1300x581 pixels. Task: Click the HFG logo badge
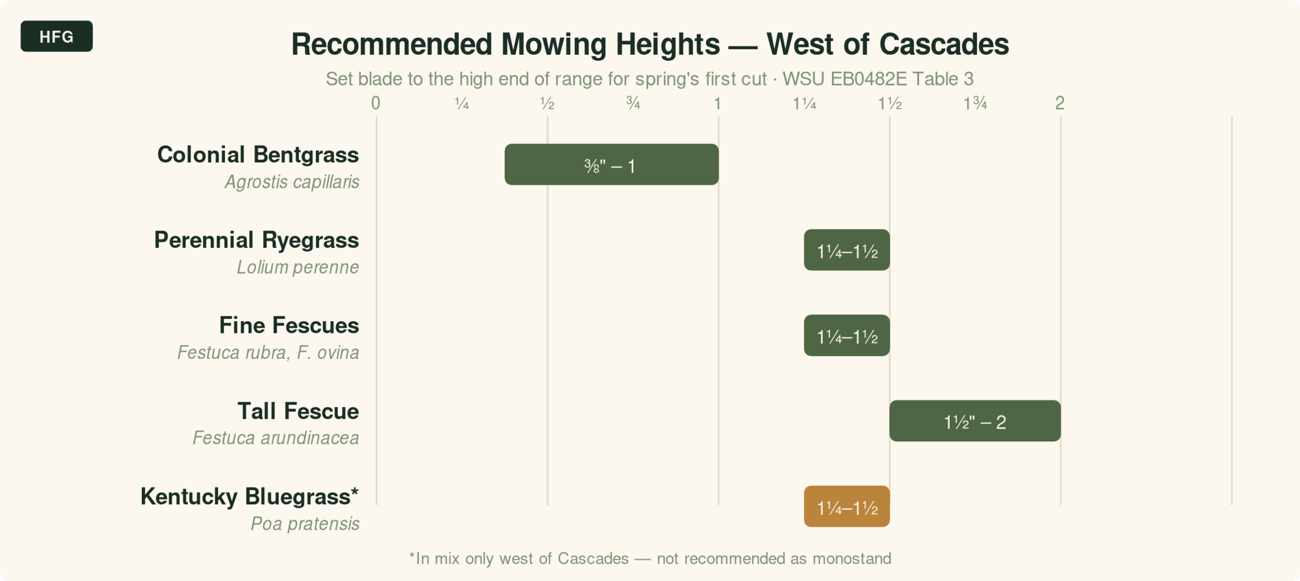(56, 36)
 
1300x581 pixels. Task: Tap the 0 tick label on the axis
(375, 103)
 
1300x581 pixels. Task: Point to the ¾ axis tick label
(633, 103)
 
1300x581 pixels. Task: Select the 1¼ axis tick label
(804, 103)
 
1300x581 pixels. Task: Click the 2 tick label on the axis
(1060, 103)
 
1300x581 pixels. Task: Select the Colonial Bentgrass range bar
(611, 165)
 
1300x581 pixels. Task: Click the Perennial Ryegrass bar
(847, 250)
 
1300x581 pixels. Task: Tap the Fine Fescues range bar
(847, 336)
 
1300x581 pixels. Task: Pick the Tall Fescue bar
(974, 421)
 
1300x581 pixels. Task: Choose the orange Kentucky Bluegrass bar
(847, 507)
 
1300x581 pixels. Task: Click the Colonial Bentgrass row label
(258, 155)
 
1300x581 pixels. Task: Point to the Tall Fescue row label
(298, 412)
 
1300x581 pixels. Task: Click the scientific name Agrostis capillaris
(292, 182)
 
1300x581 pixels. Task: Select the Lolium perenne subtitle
(297, 267)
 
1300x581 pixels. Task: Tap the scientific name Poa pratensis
(305, 524)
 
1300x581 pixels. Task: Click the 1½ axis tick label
(889, 103)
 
